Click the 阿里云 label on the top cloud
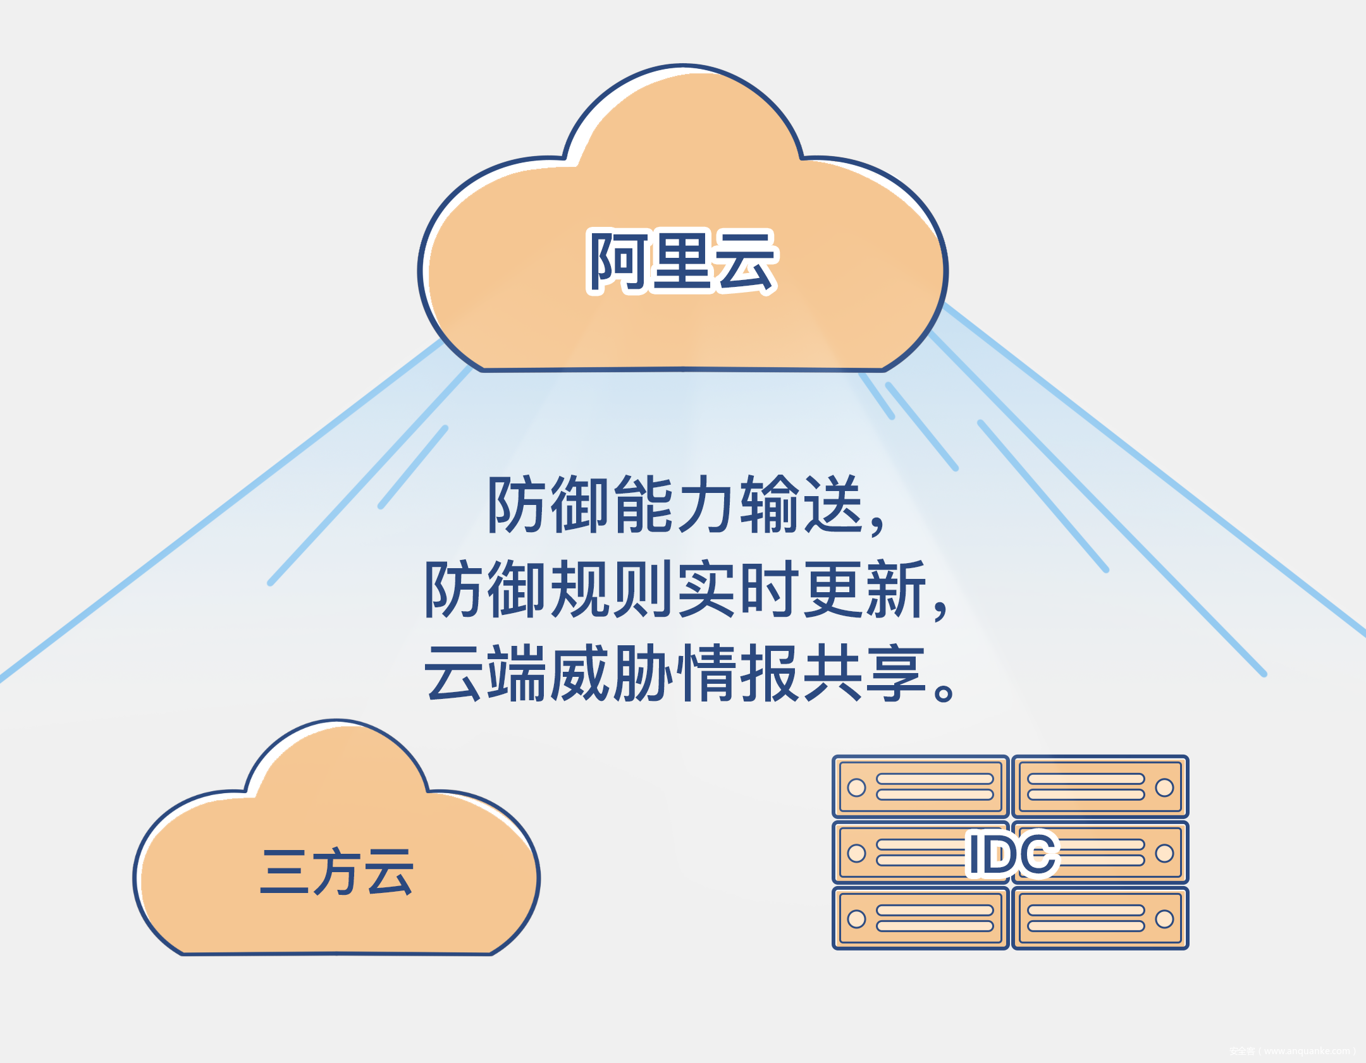[682, 262]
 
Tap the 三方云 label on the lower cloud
[336, 872]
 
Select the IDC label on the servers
[1012, 854]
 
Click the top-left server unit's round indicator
[856, 787]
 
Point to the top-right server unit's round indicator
[1164, 787]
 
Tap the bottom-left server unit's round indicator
[856, 919]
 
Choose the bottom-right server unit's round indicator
[1164, 919]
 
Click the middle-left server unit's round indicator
[856, 853]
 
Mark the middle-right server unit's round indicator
[1164, 853]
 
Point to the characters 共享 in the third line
[864, 674]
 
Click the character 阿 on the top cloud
[617, 262]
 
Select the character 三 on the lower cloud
[284, 872]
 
